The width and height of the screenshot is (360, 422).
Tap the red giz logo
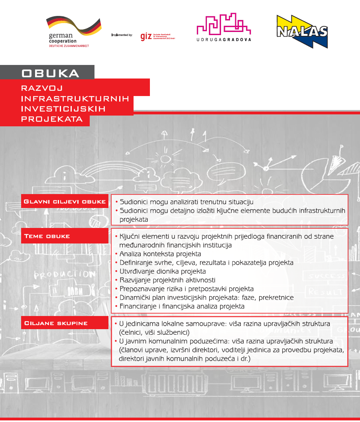coord(146,37)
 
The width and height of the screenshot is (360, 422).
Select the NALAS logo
coord(302,31)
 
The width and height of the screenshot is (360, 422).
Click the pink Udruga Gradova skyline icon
coord(224,24)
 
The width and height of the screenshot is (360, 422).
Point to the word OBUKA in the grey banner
coord(50,73)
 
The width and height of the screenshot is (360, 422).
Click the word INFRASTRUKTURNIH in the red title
coord(75,98)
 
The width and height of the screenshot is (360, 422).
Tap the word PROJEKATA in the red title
coord(52,119)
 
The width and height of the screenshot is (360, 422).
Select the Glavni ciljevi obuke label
coord(65,202)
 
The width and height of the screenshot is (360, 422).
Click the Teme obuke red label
coord(47,236)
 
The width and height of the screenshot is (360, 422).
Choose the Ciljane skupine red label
coord(56,323)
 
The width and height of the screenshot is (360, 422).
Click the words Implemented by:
coord(122,35)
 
